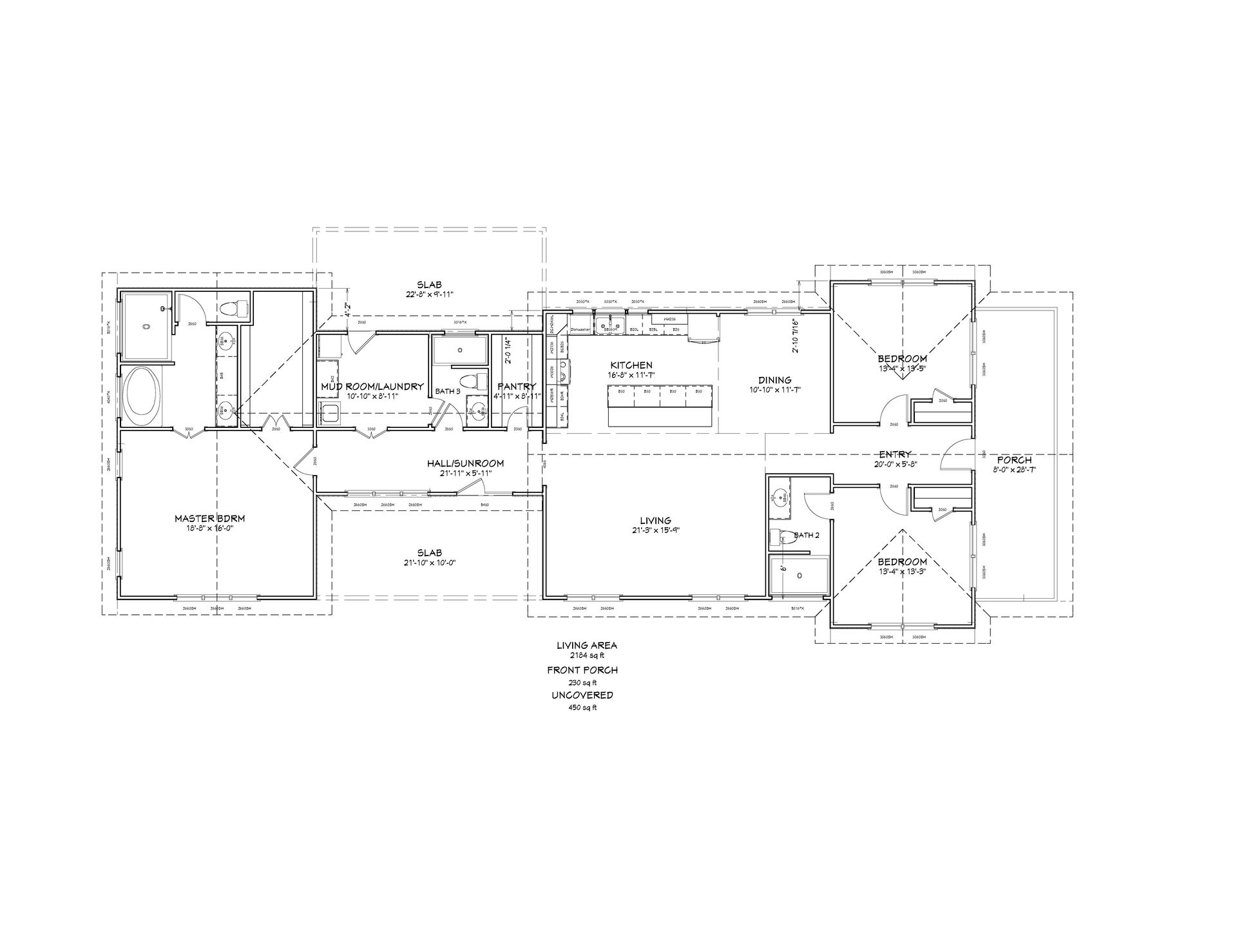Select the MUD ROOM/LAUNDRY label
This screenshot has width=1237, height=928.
tap(372, 387)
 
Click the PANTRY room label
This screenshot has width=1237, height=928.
tap(517, 387)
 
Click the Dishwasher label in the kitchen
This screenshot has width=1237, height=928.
tap(580, 330)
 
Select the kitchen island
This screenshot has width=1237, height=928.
tap(660, 405)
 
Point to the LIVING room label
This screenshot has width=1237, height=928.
tap(655, 520)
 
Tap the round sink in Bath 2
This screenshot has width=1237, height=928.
tap(781, 496)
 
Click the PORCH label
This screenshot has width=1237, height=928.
tap(1014, 460)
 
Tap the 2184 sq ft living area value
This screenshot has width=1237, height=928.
tap(582, 655)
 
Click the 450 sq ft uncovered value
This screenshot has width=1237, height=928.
tap(582, 707)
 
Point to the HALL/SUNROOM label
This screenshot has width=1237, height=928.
tap(465, 463)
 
